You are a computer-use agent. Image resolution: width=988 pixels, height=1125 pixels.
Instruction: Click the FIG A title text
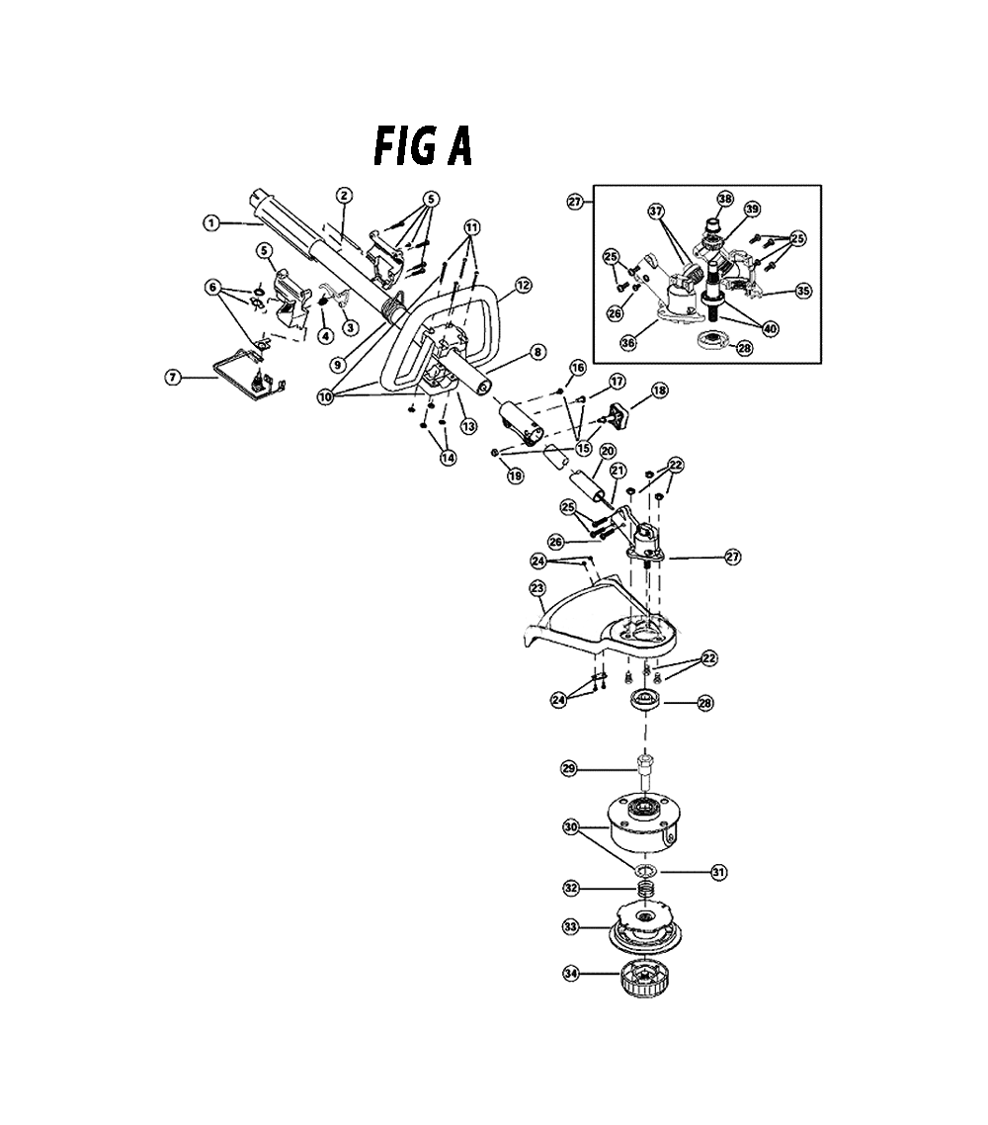click(x=423, y=146)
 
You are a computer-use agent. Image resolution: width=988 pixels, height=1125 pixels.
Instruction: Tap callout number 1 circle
click(x=210, y=223)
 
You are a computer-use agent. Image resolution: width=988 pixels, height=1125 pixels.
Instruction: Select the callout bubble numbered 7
click(x=173, y=376)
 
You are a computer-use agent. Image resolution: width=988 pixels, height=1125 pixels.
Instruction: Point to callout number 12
click(x=523, y=286)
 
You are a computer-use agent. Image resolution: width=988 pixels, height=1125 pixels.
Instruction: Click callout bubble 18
click(x=659, y=390)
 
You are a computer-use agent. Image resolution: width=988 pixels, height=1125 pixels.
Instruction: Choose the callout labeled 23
click(x=537, y=588)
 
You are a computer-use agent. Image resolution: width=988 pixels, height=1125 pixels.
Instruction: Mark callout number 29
click(x=568, y=769)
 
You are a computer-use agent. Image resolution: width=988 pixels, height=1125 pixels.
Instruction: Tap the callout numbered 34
click(x=571, y=975)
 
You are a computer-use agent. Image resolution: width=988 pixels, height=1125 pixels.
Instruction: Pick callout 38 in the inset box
click(x=725, y=199)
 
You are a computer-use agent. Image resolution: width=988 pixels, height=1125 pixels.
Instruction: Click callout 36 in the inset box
click(x=628, y=343)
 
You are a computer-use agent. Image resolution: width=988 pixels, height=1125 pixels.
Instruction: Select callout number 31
click(x=718, y=873)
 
